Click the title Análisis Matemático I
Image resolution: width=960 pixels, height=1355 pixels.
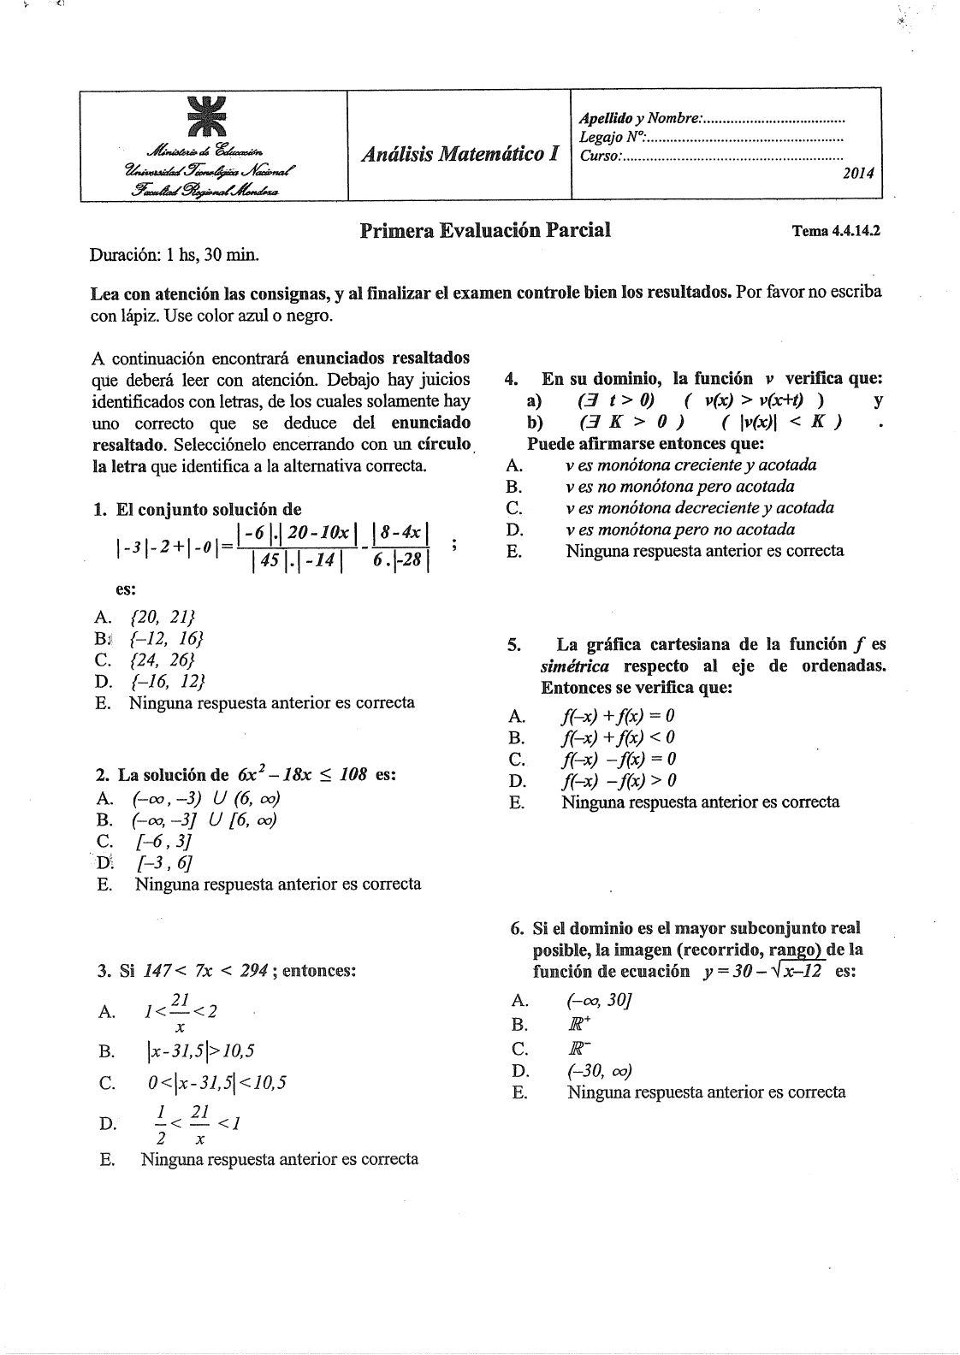click(460, 154)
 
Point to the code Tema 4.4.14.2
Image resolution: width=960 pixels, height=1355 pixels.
click(836, 231)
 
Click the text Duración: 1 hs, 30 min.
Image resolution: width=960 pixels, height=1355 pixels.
click(175, 255)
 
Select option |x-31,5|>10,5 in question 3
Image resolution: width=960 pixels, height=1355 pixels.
click(200, 1050)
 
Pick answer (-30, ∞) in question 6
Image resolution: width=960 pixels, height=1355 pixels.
click(600, 1071)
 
